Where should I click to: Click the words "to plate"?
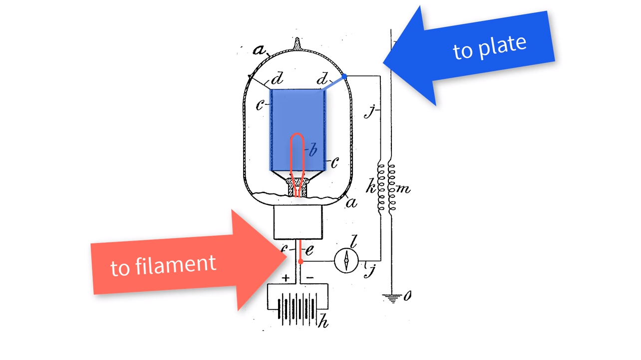489,47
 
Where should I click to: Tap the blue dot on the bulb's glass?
344,76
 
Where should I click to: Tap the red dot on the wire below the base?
301,261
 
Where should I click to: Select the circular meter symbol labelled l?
346,260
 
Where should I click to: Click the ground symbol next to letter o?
392,298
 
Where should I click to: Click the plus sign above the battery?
286,278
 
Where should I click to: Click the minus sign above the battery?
310,278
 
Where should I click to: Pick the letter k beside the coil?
371,188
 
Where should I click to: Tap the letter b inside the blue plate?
313,150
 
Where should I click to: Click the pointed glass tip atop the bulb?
298,43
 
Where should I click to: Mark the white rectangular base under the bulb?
298,222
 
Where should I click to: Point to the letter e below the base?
310,250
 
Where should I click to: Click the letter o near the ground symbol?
407,296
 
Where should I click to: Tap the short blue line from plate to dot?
333,83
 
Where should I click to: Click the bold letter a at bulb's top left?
259,50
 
